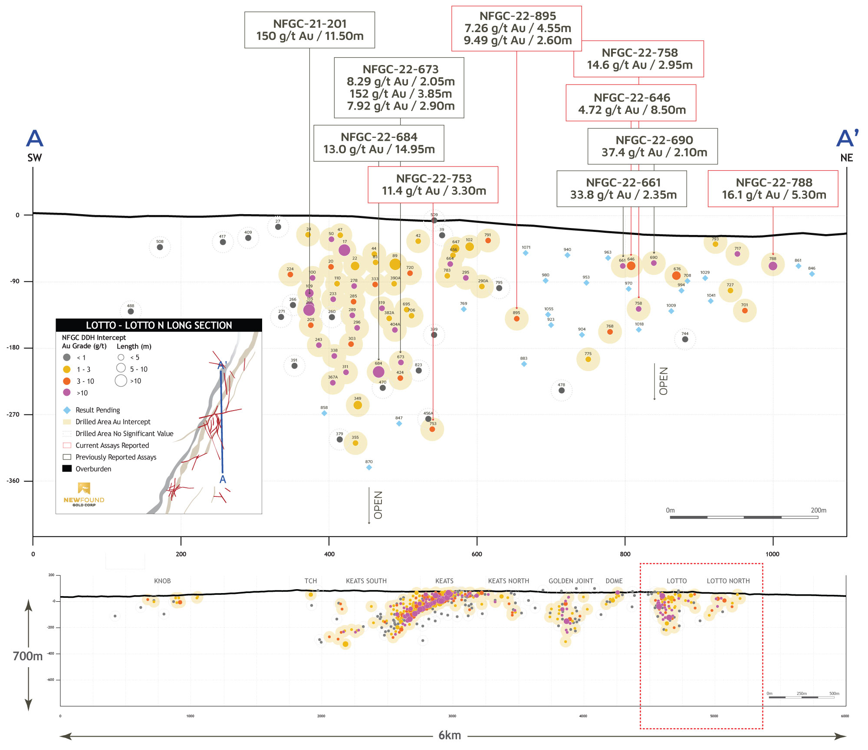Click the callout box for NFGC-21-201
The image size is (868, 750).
click(309, 30)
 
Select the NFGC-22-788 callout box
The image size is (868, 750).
click(773, 189)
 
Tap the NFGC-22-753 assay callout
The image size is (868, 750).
click(433, 185)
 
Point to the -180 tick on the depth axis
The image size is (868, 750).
click(13, 348)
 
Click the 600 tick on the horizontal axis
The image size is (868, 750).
click(477, 554)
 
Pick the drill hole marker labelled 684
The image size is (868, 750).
click(378, 372)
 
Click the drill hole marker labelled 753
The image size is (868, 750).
click(432, 429)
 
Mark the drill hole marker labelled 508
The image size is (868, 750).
click(160, 247)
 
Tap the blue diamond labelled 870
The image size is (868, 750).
click(369, 467)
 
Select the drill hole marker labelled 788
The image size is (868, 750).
click(773, 266)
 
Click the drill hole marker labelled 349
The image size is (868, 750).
click(358, 405)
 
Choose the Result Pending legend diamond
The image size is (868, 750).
click(67, 410)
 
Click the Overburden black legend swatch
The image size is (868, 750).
click(67, 469)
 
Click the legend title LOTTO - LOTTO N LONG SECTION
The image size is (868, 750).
click(159, 325)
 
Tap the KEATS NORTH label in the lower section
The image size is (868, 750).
click(508, 581)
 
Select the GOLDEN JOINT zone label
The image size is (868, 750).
click(571, 581)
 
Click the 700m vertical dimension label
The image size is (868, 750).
click(28, 656)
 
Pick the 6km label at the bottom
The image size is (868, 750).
click(450, 735)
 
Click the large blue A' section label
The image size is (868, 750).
click(847, 139)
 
